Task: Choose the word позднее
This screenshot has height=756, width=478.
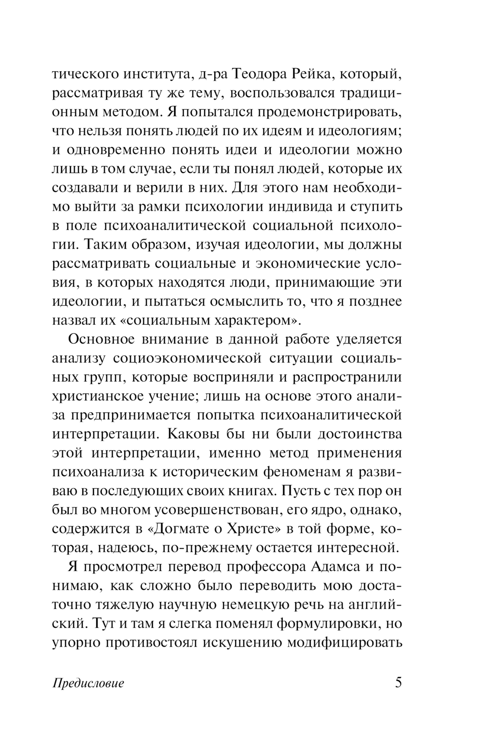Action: tap(377, 302)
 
